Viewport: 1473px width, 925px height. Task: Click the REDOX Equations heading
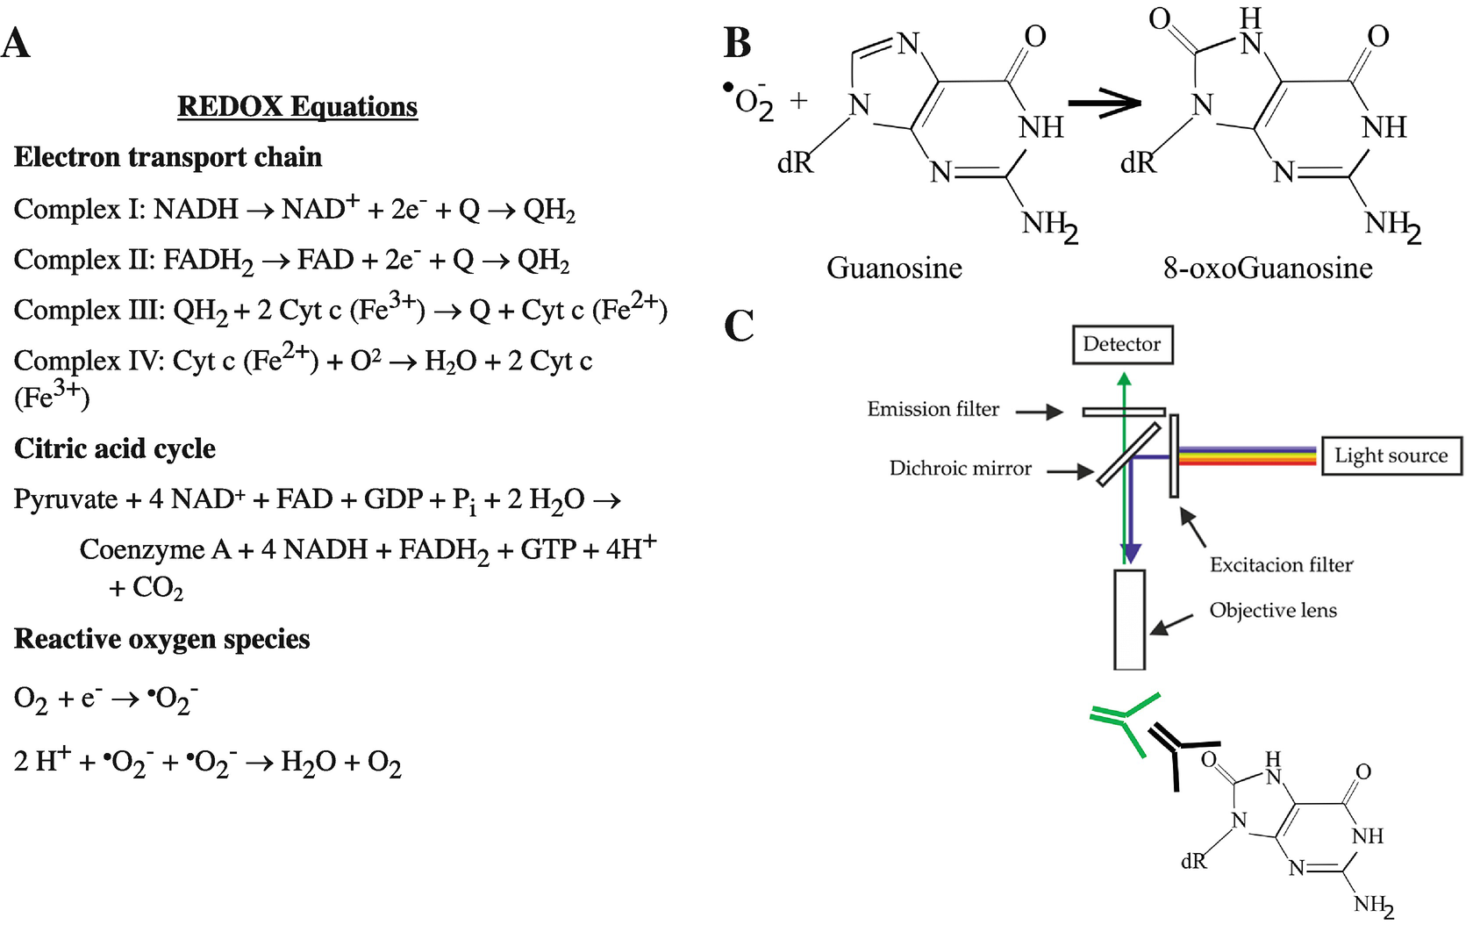[297, 106]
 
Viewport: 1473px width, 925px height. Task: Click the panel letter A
[16, 43]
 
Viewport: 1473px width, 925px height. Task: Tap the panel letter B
[737, 42]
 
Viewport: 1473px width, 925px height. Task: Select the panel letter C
[739, 326]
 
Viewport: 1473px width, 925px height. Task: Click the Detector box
[1122, 344]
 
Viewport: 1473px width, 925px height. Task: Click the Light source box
[1391, 455]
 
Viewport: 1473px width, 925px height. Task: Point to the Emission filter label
[933, 409]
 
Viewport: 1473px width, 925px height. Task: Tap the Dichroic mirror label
[960, 469]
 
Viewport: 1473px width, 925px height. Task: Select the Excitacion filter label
[1281, 564]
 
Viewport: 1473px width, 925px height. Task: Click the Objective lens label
[1273, 610]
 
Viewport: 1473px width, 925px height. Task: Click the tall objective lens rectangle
[1130, 620]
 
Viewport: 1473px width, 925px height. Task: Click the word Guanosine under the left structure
[894, 268]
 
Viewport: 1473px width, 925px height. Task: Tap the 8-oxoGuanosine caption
[1268, 268]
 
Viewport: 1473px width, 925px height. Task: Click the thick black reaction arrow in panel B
[1105, 103]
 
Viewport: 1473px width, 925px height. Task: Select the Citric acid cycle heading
[115, 448]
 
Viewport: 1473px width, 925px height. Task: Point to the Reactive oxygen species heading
[162, 639]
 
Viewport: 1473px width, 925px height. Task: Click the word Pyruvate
[66, 499]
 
